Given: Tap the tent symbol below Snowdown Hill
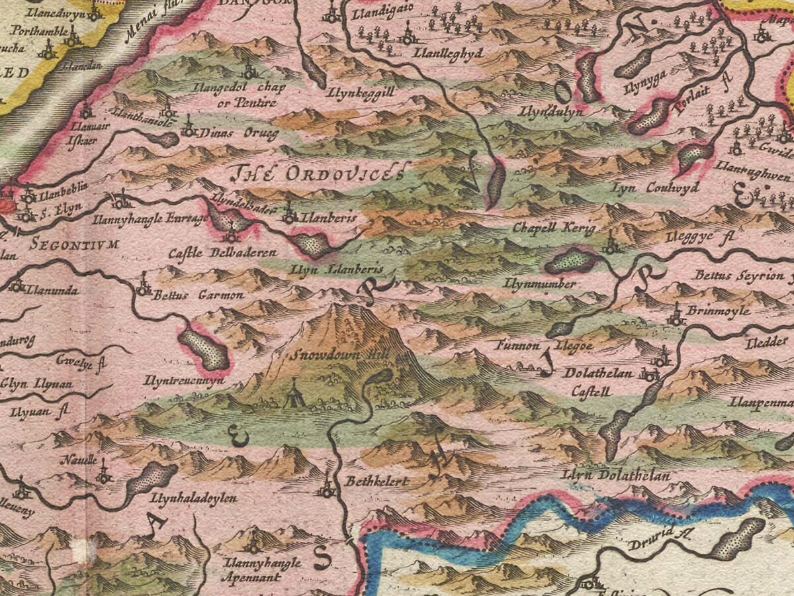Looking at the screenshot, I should (x=292, y=395).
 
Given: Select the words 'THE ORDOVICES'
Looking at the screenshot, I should (x=316, y=174).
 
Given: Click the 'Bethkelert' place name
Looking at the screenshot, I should (x=376, y=481).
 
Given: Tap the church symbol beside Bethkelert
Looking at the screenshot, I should (x=327, y=489).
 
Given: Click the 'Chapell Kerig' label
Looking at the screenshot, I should (x=554, y=227).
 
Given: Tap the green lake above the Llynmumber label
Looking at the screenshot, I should (x=571, y=260).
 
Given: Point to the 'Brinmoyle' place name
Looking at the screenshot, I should (x=718, y=311).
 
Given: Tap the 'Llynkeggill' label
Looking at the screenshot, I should (x=361, y=93).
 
